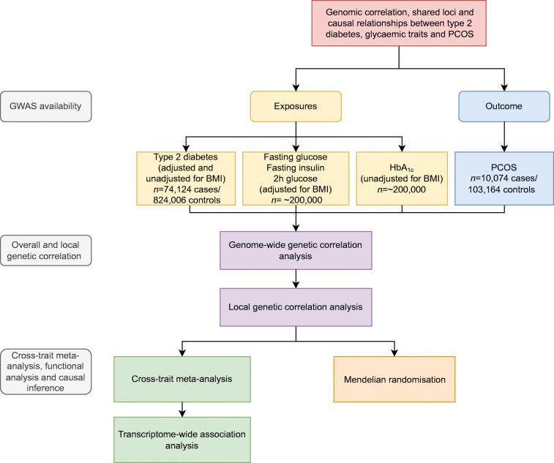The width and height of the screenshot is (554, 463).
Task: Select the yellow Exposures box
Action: [295, 105]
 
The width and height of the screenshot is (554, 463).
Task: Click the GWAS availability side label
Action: [46, 105]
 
